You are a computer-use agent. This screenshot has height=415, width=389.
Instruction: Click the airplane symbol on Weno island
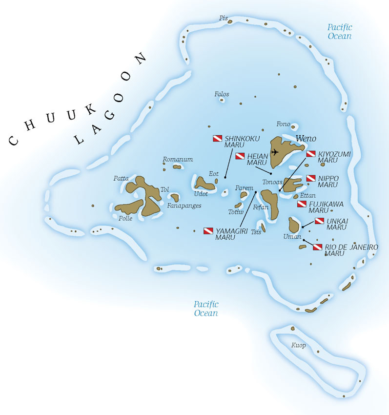274,152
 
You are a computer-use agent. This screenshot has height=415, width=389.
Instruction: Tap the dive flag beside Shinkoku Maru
218,139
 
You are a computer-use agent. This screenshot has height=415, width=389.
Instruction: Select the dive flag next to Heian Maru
240,156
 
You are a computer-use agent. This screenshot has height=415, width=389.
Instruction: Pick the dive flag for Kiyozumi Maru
311,154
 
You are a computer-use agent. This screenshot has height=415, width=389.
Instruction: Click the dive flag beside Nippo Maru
311,178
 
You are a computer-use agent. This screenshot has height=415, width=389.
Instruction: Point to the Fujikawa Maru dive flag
302,204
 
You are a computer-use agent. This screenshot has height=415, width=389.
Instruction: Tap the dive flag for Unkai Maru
319,221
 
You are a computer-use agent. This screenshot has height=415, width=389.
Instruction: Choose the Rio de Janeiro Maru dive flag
318,247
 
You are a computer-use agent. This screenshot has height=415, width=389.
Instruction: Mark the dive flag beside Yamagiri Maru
208,230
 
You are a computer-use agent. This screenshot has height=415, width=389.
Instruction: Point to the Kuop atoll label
298,346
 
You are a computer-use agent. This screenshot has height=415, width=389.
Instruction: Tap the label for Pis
224,19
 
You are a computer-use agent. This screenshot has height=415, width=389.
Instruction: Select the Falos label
222,94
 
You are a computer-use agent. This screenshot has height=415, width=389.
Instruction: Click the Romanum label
178,159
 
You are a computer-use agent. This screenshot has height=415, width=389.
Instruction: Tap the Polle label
125,218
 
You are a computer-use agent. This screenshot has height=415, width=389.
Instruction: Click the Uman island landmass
294,225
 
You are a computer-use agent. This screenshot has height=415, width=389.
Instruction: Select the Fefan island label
261,207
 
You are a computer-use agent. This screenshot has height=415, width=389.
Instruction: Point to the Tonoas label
272,182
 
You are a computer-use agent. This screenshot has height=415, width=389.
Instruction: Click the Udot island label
201,193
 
